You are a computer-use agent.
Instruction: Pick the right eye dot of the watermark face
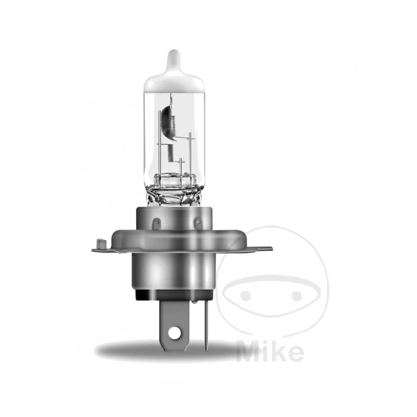click(296, 296)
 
